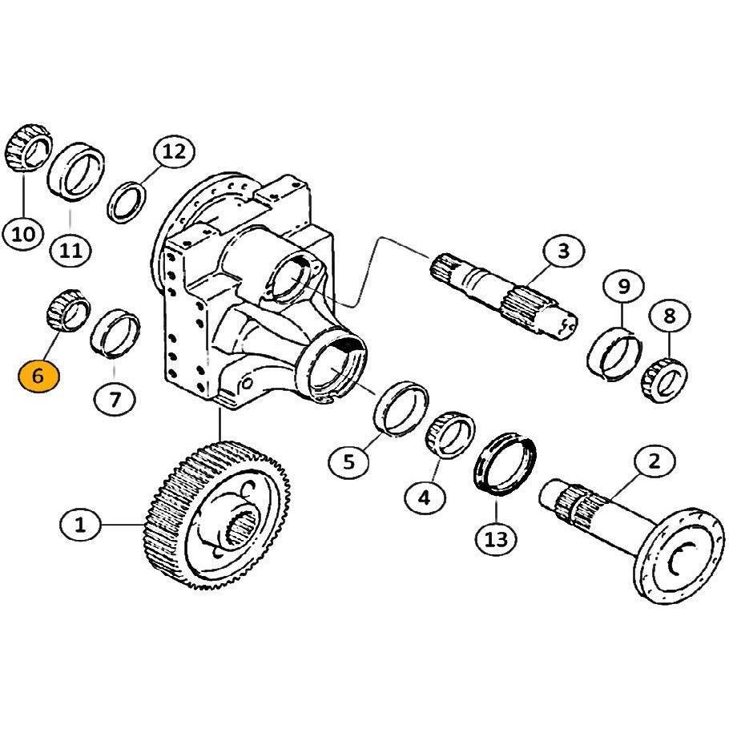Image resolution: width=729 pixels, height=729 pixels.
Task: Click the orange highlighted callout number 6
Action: pos(39,376)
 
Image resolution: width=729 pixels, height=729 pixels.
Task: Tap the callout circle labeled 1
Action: pos(81,526)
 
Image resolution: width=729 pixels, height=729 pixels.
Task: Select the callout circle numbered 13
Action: pos(497,539)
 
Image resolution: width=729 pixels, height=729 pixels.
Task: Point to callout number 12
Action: pos(175,151)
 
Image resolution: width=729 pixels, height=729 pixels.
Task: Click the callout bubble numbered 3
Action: pos(564,252)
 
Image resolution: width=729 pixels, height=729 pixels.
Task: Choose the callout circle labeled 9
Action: pos(623,287)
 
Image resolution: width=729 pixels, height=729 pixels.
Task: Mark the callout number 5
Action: pos(348,461)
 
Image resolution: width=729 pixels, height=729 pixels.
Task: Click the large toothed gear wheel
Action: pos(216,516)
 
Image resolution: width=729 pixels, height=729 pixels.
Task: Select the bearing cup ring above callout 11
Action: pos(76,171)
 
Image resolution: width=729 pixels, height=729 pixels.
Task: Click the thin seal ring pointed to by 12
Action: pos(127,203)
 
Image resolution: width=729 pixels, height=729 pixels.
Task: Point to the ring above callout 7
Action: pos(115,333)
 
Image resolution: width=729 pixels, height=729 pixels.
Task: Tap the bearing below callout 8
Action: pos(664,381)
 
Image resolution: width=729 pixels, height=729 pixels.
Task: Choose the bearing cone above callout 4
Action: pos(450,435)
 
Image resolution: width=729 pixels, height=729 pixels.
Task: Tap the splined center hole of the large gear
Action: pos(241,530)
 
